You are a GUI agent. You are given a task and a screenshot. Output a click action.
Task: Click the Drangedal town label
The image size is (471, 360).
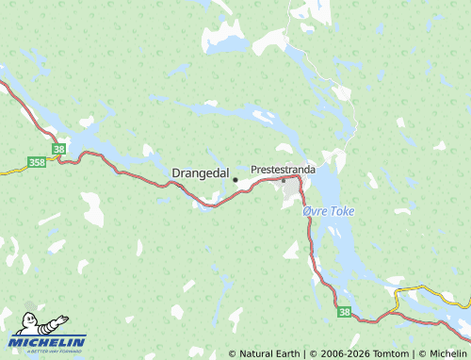201,173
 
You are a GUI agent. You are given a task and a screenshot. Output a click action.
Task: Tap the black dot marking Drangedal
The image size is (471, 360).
235,179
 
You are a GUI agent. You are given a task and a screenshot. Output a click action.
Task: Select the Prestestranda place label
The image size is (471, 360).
284,169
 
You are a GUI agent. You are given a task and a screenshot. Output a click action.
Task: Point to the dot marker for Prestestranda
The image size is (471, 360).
284,179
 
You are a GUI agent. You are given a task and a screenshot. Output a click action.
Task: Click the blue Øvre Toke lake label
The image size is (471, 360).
328,212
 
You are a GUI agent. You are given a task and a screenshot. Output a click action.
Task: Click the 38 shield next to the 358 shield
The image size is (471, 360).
59,149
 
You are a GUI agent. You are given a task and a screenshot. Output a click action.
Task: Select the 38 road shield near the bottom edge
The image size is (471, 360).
344,313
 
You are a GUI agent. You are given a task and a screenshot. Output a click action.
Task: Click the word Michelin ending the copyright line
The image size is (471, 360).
447,353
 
